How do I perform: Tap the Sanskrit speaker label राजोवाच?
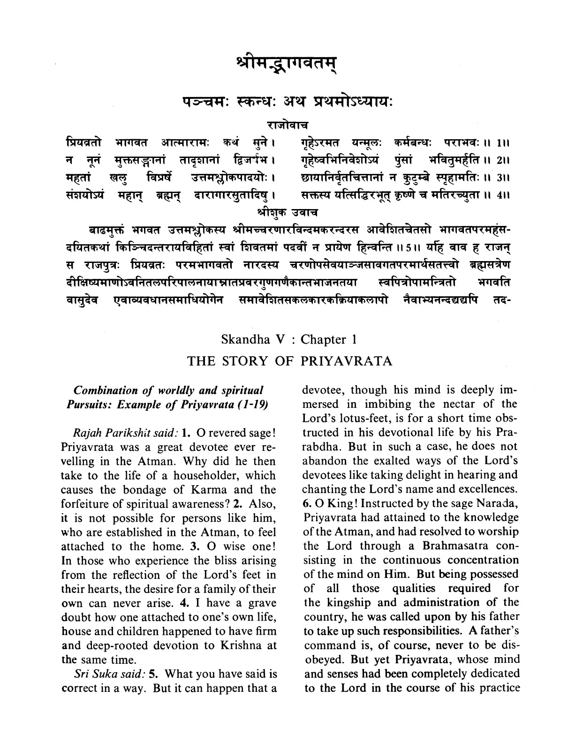pyautogui.click(x=284, y=125)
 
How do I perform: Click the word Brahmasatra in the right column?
pyautogui.click(x=450, y=546)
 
